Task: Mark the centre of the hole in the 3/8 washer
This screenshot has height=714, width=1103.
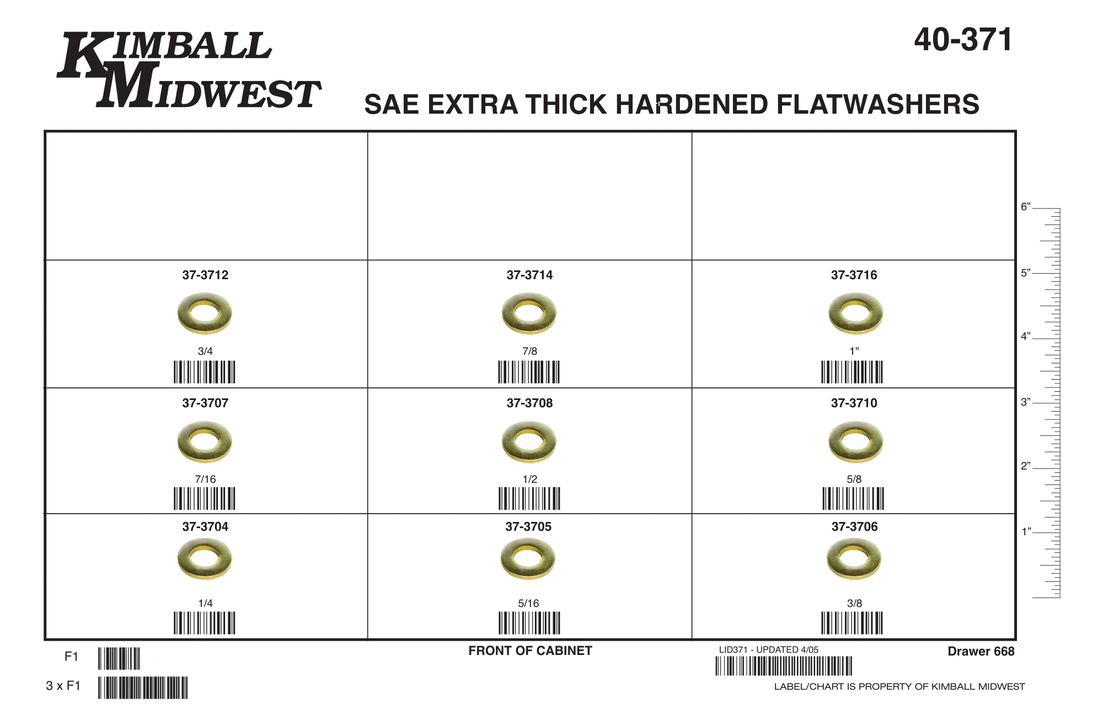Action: pos(854,558)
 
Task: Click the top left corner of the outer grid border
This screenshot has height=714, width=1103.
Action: pos(45,131)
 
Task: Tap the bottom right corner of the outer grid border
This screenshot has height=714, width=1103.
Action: pos(1015,640)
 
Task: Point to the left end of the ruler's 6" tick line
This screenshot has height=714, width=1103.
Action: pos(1033,209)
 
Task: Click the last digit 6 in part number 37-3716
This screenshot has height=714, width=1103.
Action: pos(873,275)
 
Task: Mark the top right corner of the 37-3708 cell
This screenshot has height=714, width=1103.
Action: pos(692,388)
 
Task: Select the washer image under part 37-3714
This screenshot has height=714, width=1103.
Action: pos(529,313)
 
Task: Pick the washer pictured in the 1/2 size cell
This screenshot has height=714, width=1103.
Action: pos(529,441)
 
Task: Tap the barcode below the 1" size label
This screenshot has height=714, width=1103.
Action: pos(852,372)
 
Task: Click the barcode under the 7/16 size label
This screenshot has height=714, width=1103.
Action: pos(205,498)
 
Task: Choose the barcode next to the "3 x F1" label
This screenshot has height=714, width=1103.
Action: pos(143,688)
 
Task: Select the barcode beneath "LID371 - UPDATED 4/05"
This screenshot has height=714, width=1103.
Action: pos(784,666)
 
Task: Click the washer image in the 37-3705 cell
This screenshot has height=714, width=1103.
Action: pos(528,558)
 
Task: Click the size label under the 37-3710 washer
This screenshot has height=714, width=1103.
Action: pos(854,479)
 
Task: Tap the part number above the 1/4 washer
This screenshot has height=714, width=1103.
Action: pos(205,526)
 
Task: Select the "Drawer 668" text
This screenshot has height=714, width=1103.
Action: pos(981,651)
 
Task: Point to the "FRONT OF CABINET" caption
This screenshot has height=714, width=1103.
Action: pos(530,651)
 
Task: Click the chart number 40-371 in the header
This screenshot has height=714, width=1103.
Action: pos(963,40)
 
